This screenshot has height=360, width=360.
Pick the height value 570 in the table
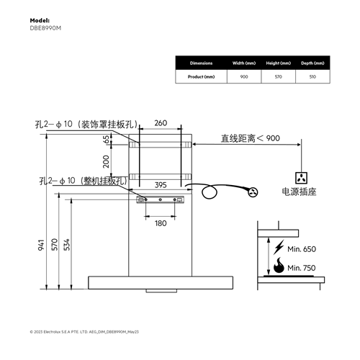tap(276, 76)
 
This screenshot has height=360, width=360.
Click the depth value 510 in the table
tap(312, 76)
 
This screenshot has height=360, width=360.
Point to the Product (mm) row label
tap(201, 76)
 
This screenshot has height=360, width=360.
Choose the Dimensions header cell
tap(201, 63)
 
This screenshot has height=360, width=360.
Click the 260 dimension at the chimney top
tap(161, 123)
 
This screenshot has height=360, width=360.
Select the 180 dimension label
tap(161, 222)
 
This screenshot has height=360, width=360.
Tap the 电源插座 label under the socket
tap(302, 193)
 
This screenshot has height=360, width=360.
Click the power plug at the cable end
tap(253, 192)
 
